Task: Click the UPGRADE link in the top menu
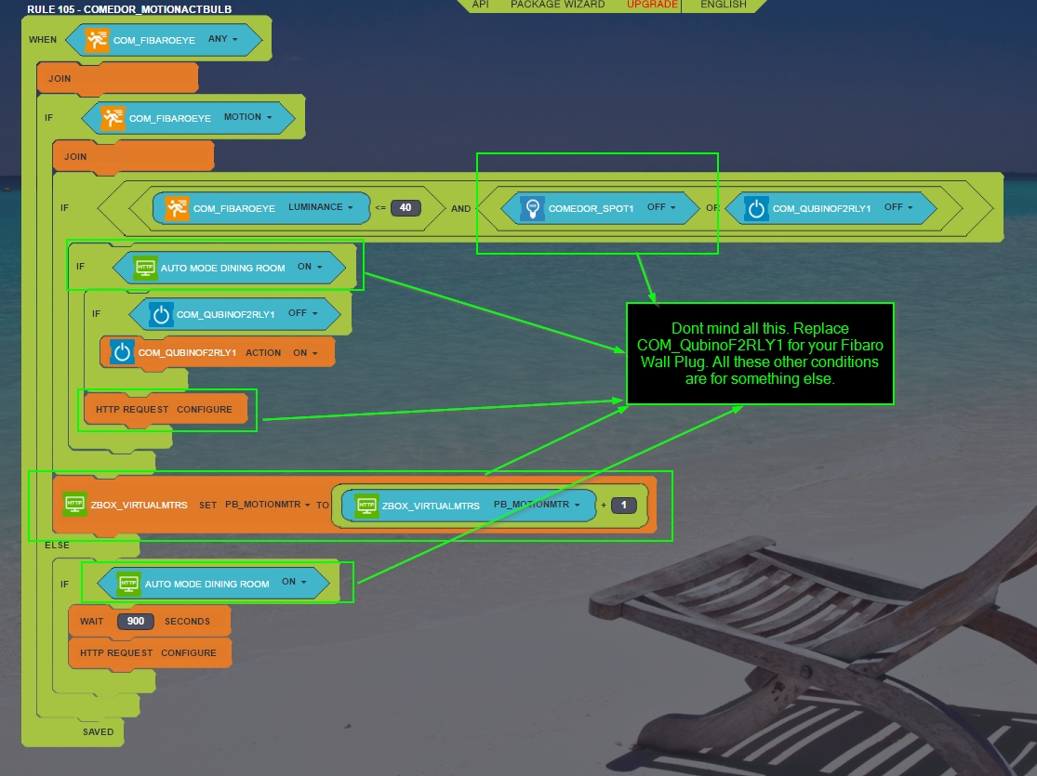pos(652,5)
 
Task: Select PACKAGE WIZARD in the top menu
pos(557,5)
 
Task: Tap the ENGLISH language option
pos(723,5)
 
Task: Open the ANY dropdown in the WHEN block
pos(223,40)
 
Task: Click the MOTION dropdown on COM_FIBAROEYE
pos(248,118)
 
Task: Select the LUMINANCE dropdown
pos(320,207)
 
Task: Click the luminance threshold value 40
pos(405,208)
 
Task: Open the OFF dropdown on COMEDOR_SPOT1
pos(660,208)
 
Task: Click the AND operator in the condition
pos(460,209)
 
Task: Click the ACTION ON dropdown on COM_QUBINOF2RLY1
pos(304,353)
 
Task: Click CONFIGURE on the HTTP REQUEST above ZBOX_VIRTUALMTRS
pos(204,409)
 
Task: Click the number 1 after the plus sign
pos(624,506)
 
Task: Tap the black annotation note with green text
pos(760,353)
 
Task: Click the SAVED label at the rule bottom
pos(98,731)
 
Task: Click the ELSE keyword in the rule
pos(57,545)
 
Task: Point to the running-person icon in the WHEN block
pos(97,40)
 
